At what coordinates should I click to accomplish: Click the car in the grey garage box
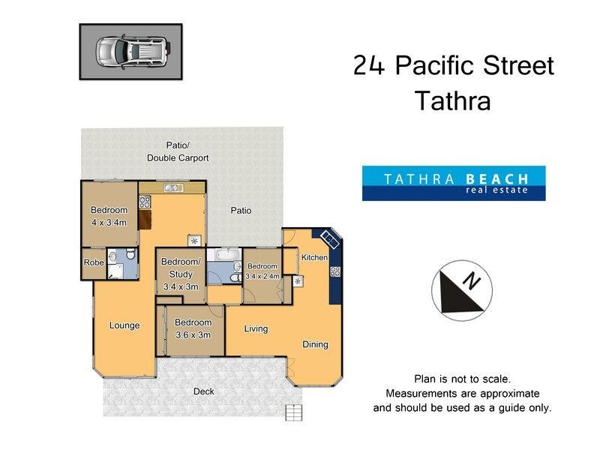coord(130,51)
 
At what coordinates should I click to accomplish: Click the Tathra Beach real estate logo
coord(453,183)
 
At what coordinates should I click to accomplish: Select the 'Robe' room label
coord(94,263)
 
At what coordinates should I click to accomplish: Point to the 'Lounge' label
coord(124,325)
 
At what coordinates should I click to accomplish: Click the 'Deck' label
coord(204,391)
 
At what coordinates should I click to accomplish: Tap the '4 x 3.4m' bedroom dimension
coord(109,223)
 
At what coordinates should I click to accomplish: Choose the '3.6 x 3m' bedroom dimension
coord(193,335)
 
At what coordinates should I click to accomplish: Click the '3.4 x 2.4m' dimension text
coord(262,276)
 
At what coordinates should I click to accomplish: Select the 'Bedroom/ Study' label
coord(181,267)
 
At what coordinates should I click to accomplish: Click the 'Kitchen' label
coord(314,258)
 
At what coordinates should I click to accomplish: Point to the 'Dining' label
coord(315,345)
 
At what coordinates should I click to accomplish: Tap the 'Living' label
coord(256,328)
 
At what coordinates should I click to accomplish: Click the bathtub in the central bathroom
coord(221,268)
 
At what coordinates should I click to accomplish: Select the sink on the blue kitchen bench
coord(328,239)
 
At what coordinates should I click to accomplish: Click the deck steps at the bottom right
coord(293,412)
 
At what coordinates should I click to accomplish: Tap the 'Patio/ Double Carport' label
coord(178,151)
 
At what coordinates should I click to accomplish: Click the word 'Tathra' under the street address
coord(453,100)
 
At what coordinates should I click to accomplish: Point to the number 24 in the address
coord(370,66)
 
